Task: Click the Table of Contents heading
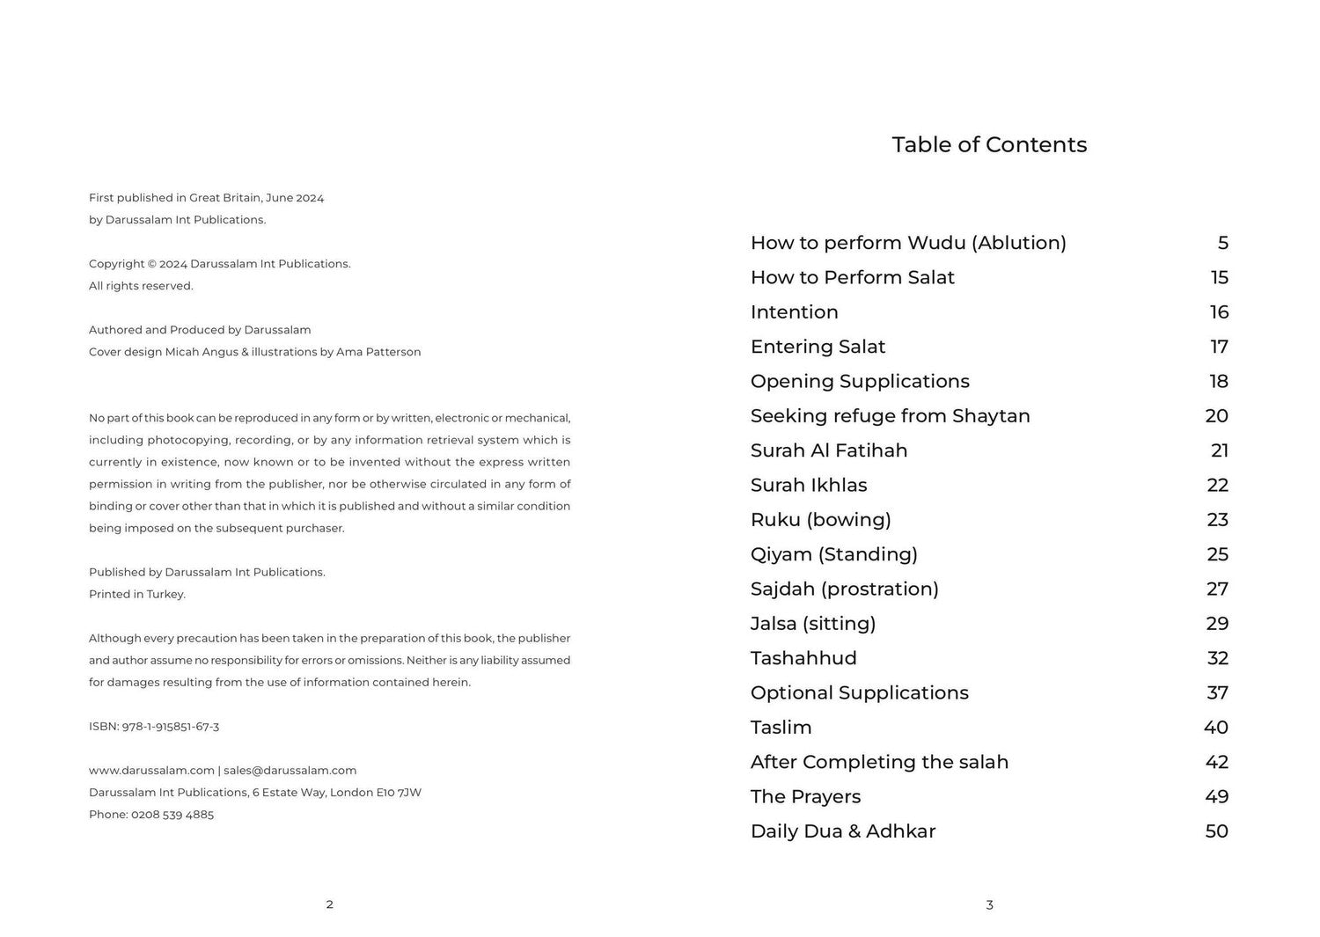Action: (989, 145)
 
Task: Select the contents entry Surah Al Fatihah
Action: (828, 450)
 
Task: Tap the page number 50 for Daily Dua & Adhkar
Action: (1216, 831)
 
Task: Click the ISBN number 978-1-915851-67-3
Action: (170, 727)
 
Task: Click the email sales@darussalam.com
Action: (290, 771)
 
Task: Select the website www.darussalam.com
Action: (151, 771)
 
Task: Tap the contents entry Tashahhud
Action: (803, 658)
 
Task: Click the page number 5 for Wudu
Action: (1222, 243)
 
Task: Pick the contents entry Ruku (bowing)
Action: (820, 520)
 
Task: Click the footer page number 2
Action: (329, 904)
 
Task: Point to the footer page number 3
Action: (989, 904)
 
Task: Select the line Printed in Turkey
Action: (137, 595)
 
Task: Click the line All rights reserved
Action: (141, 286)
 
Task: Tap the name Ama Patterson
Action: (378, 352)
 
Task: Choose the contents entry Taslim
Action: (781, 728)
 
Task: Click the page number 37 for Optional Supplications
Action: (1217, 693)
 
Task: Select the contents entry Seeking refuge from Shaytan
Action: (890, 416)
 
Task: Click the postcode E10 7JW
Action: (399, 793)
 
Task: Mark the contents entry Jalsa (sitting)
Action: (812, 624)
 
